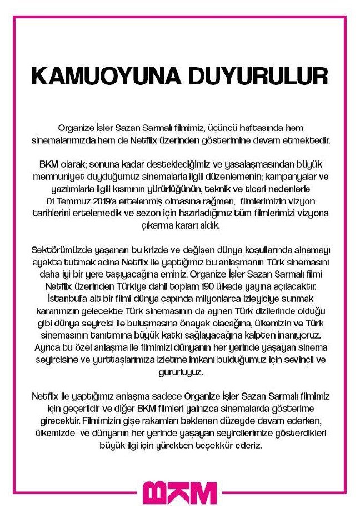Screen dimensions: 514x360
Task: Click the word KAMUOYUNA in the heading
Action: (x=103, y=75)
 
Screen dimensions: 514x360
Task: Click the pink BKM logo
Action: (x=179, y=493)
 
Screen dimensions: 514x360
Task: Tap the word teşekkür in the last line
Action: (x=229, y=446)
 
